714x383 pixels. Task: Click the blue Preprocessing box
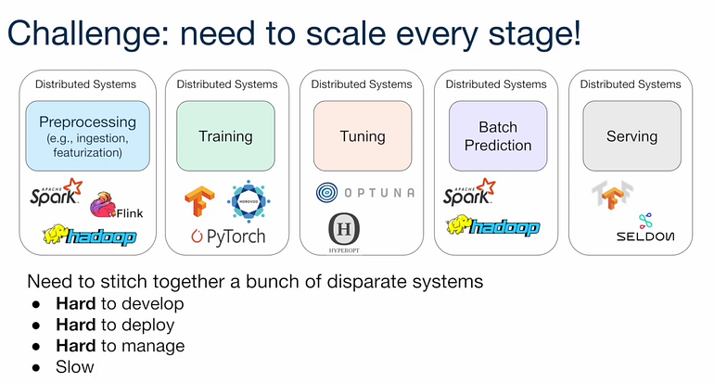(x=88, y=135)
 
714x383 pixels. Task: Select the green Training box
(x=225, y=136)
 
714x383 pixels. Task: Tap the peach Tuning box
(x=362, y=136)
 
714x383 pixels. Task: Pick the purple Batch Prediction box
(x=498, y=136)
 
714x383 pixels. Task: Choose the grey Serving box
(x=631, y=136)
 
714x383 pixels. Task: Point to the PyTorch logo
(x=227, y=236)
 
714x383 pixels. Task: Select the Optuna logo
(x=363, y=193)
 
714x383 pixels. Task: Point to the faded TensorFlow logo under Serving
(x=606, y=195)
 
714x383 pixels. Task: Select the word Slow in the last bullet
(x=75, y=367)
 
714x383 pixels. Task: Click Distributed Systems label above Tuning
(x=362, y=84)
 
